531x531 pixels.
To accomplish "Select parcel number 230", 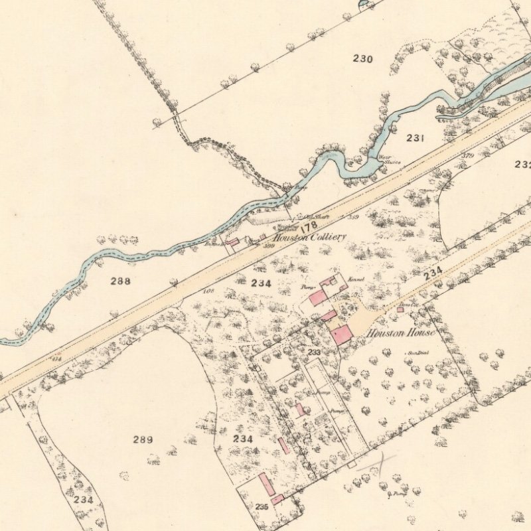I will click(x=363, y=59).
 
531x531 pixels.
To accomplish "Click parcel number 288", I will click(x=121, y=281).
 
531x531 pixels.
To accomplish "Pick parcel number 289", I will click(x=143, y=439).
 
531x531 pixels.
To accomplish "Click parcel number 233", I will click(x=314, y=352).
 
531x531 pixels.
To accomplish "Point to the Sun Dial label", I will click(x=416, y=353).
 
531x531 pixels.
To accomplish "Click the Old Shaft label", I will click(x=313, y=216).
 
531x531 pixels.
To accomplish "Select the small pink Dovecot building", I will click(x=400, y=309).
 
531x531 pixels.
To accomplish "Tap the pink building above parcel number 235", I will click(x=267, y=485).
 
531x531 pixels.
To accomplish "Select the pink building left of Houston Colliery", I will click(x=232, y=243).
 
